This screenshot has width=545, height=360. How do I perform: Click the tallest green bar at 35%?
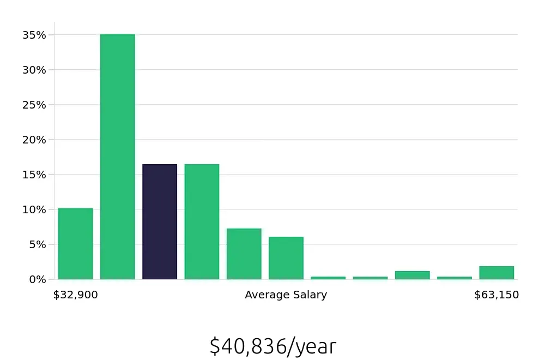118,157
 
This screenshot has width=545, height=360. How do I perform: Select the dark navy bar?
160,221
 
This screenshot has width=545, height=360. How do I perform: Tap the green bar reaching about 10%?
76,243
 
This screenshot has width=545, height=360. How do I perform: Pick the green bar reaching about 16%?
202,221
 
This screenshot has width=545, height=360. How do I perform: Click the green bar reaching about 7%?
244,254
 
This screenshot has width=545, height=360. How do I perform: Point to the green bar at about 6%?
286,258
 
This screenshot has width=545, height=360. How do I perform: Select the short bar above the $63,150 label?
496,273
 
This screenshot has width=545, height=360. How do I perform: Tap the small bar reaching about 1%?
413,275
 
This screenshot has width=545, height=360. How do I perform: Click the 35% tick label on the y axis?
34,35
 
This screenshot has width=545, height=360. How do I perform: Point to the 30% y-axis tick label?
34,70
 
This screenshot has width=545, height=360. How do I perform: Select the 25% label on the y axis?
34,105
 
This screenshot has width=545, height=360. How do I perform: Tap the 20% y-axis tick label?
34,140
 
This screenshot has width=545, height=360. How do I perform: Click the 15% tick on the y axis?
34,175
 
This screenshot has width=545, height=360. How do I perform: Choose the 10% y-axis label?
34,209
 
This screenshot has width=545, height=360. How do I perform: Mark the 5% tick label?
37,244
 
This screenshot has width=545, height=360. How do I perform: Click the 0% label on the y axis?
37,279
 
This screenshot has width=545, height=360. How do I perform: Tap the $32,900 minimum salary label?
76,295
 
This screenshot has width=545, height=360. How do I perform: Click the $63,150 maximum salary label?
496,295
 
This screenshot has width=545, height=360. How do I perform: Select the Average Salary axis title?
286,295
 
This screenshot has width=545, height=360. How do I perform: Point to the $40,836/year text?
272,346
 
